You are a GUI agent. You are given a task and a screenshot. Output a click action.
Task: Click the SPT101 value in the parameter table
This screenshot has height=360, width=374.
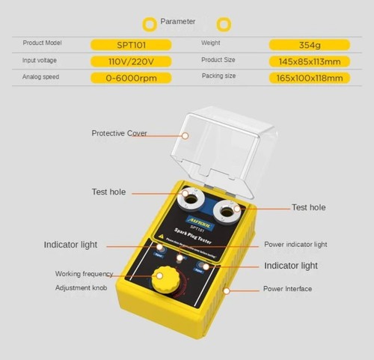(131, 45)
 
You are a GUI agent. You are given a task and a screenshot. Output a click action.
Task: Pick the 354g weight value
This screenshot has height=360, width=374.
(309, 45)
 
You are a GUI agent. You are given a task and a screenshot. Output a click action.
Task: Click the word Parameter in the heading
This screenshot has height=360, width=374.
(178, 22)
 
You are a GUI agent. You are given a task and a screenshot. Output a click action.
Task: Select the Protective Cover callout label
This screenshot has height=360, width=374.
(119, 133)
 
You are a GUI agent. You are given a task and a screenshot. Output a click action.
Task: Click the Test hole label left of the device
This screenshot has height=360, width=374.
(109, 192)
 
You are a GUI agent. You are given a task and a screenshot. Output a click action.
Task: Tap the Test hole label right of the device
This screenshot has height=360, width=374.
(310, 207)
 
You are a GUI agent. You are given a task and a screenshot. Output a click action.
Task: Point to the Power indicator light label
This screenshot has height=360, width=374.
(295, 245)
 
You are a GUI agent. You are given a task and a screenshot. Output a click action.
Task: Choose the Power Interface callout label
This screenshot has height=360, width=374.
(287, 289)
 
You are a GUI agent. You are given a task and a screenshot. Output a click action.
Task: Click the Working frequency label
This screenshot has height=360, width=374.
(84, 274)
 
